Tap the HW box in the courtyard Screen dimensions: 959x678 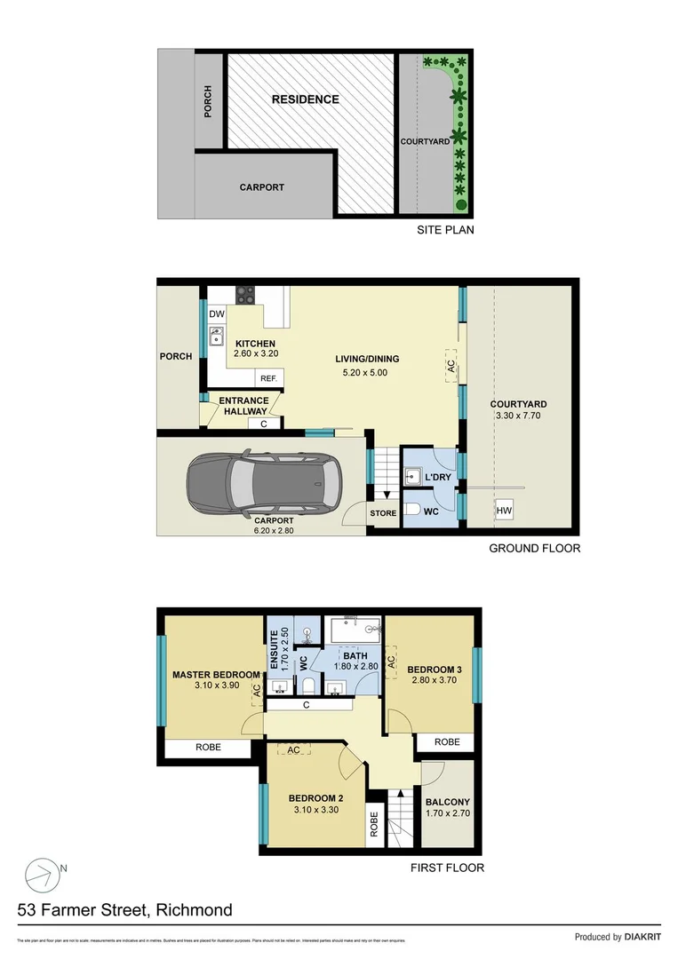(x=504, y=511)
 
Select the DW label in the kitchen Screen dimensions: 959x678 (x=217, y=314)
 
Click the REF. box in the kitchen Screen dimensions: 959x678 (x=268, y=378)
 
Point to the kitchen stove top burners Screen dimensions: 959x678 (x=244, y=295)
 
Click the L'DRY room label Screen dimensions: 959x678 (x=437, y=479)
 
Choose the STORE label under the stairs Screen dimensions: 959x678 (x=383, y=513)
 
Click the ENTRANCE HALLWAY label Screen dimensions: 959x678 (x=243, y=406)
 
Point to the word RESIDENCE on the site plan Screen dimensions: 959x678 (x=305, y=99)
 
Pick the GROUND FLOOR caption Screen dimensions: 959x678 (x=535, y=548)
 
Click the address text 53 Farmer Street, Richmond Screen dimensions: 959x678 (x=125, y=910)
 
